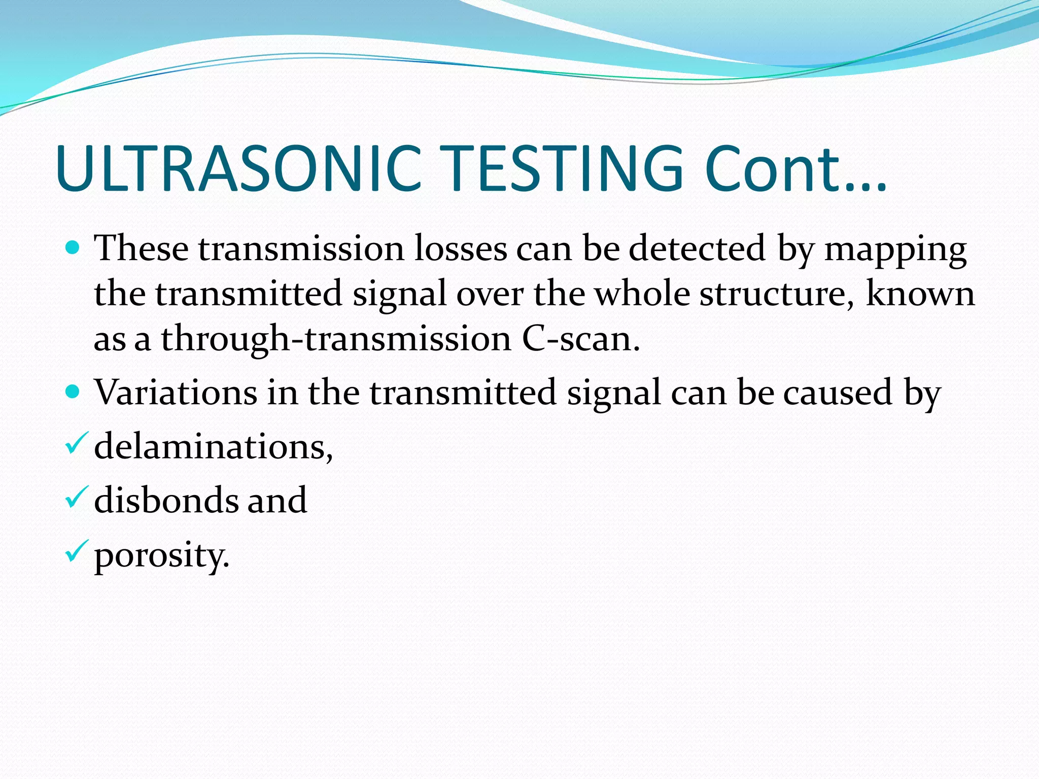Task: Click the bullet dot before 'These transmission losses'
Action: [73, 248]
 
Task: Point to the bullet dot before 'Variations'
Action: [73, 392]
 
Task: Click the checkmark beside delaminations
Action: [77, 443]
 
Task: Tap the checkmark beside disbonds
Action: [77, 497]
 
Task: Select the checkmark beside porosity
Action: [77, 551]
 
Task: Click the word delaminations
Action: [213, 446]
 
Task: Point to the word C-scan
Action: [581, 339]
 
